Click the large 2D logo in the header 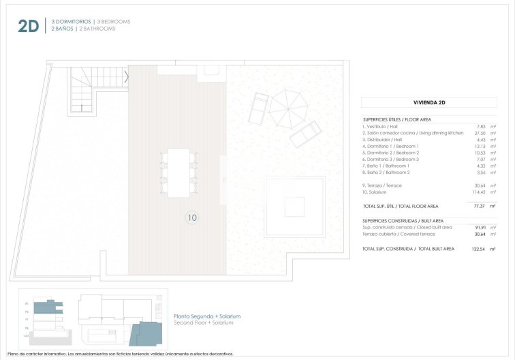tap(29, 26)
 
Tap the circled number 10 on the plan tap(191, 218)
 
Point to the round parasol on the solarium tap(290, 107)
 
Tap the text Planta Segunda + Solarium tap(207, 316)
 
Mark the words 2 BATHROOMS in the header tap(97, 29)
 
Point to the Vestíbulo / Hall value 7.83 tap(484, 126)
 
